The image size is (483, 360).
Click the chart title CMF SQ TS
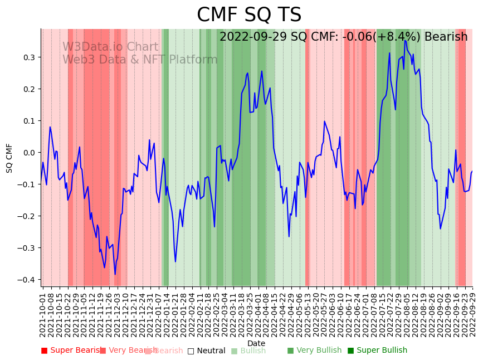tap(249, 15)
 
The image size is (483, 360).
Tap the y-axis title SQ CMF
tap(9, 158)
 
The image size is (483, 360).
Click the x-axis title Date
tap(256, 343)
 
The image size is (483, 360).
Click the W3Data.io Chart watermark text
tap(110, 47)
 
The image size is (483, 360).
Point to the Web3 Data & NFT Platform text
tap(140, 60)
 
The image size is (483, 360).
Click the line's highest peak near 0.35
tap(405, 40)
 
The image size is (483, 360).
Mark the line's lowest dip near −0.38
tap(115, 274)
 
